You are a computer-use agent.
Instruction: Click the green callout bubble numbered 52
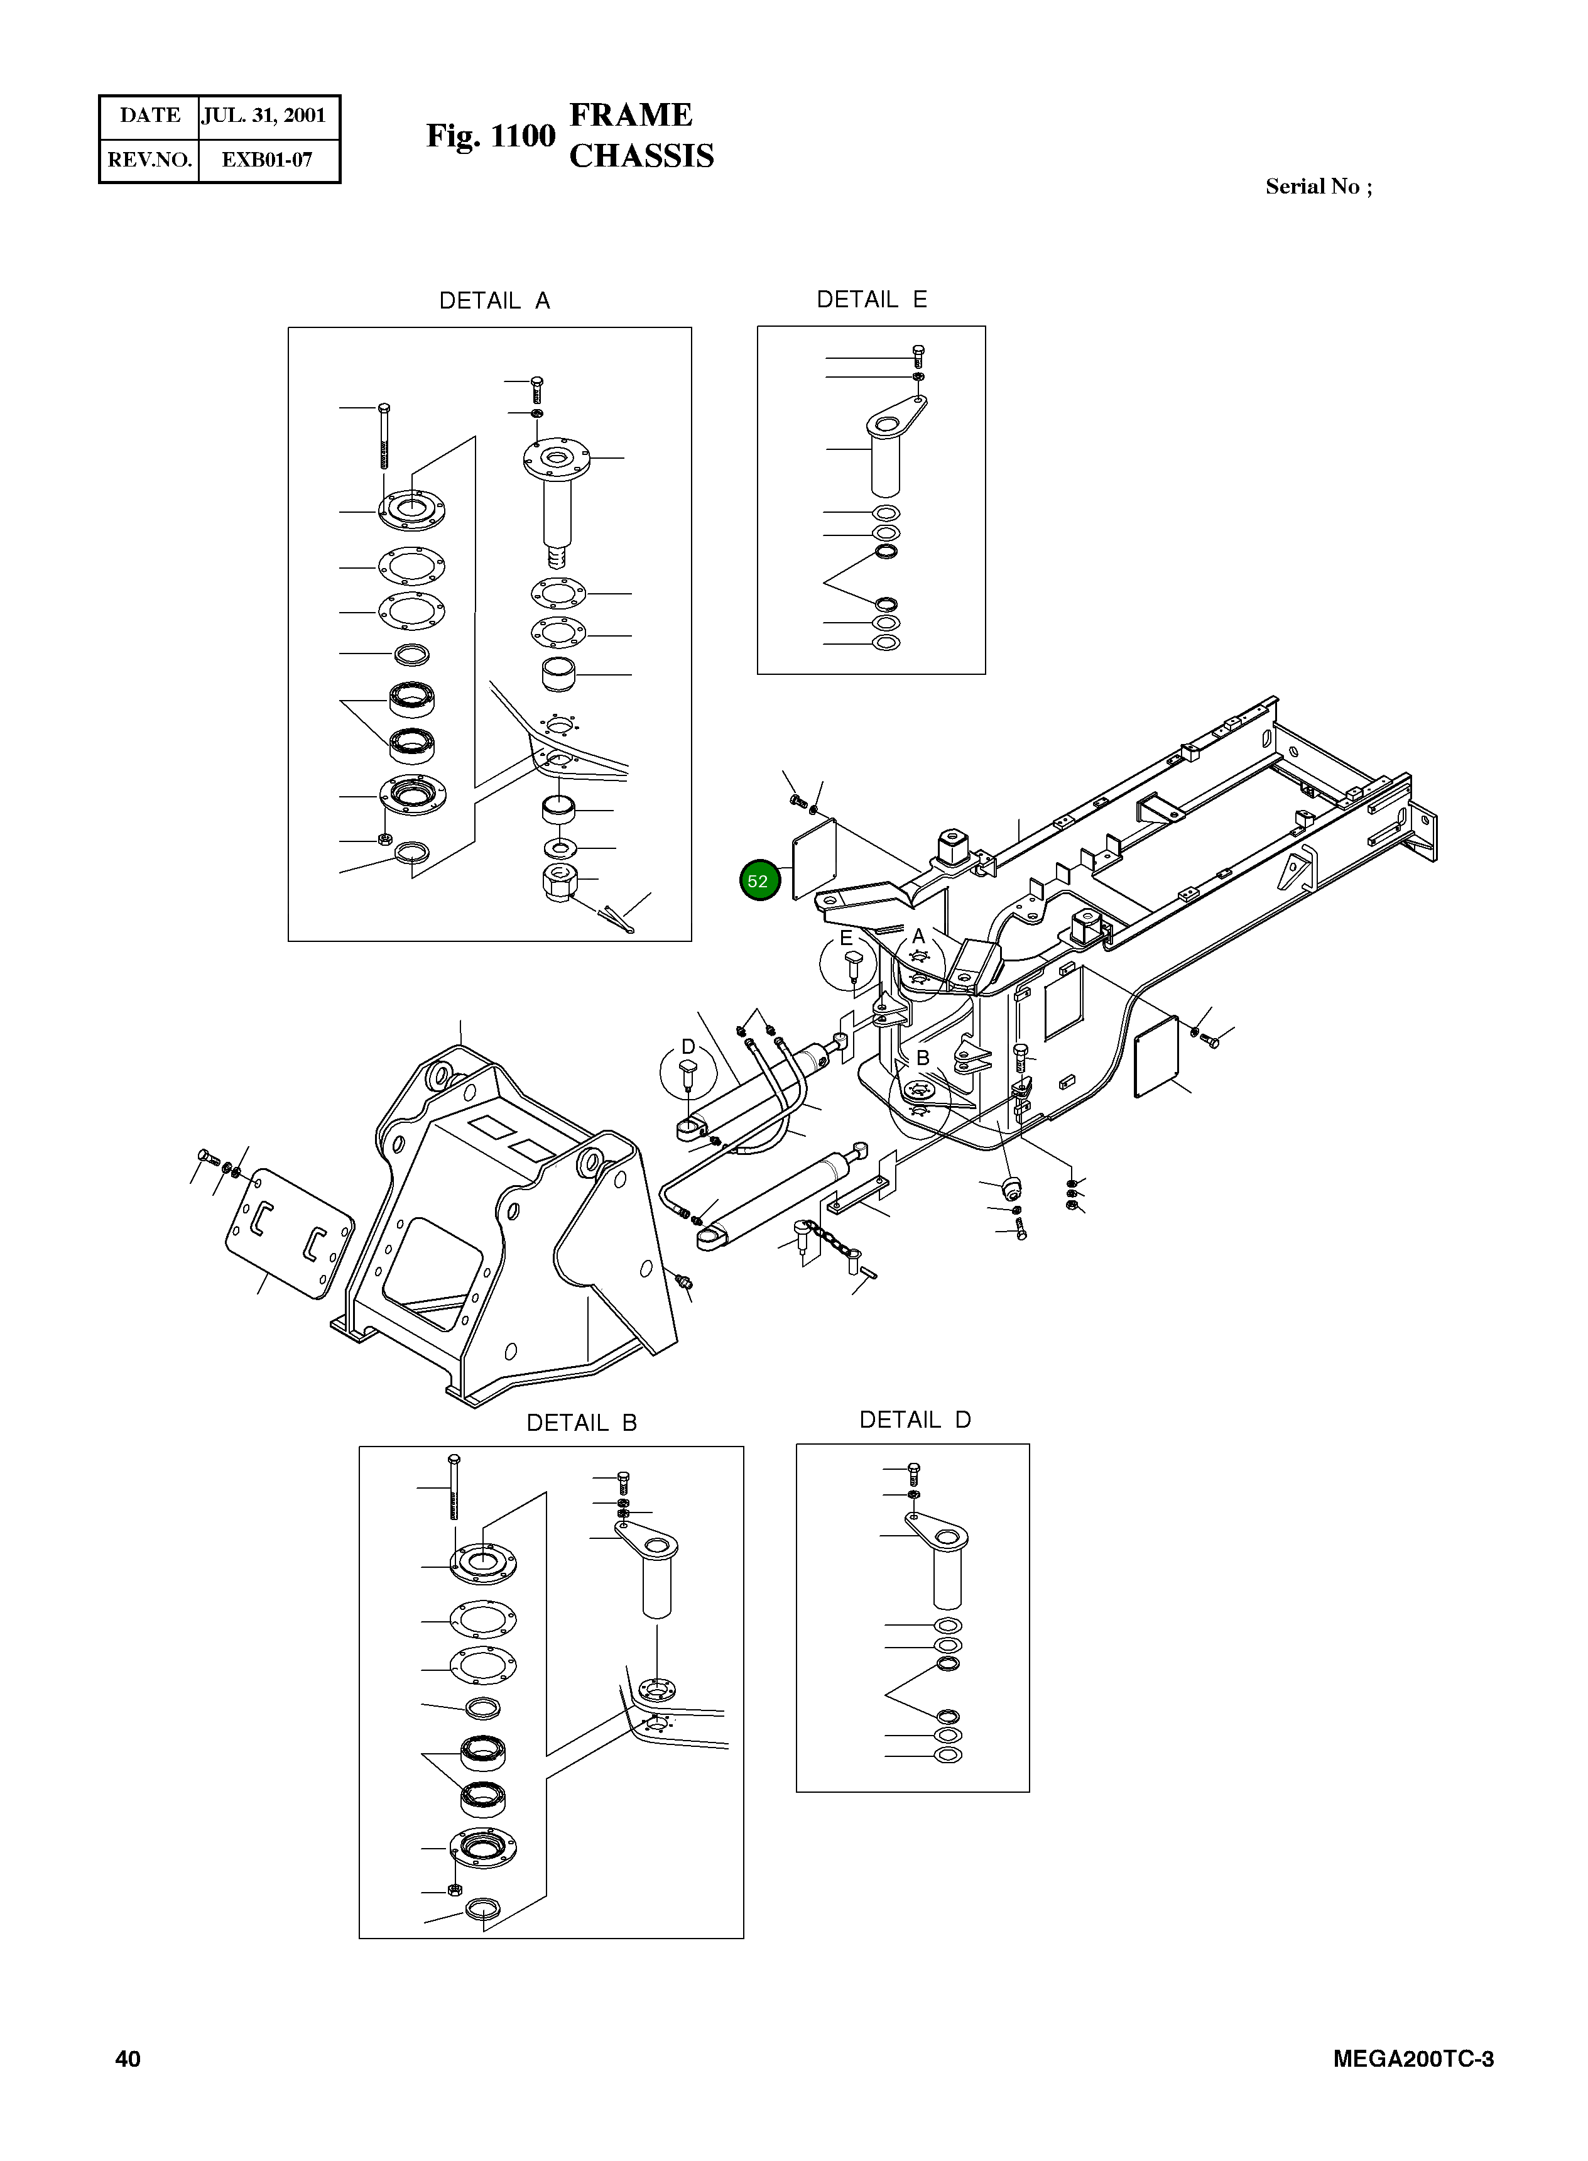[759, 880]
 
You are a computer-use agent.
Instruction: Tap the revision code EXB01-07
[267, 160]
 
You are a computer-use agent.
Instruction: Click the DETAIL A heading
[494, 301]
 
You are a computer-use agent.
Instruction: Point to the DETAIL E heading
[871, 300]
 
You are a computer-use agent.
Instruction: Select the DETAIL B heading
[582, 1423]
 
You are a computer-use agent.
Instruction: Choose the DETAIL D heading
[914, 1420]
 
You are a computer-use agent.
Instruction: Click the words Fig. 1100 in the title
[490, 136]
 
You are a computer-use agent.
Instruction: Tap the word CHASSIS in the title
[641, 156]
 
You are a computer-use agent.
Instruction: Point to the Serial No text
[1318, 187]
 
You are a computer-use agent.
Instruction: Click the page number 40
[128, 2058]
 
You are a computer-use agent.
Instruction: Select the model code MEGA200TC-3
[1413, 2058]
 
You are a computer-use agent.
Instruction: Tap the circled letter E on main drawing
[846, 938]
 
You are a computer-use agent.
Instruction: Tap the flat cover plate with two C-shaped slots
[288, 1234]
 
